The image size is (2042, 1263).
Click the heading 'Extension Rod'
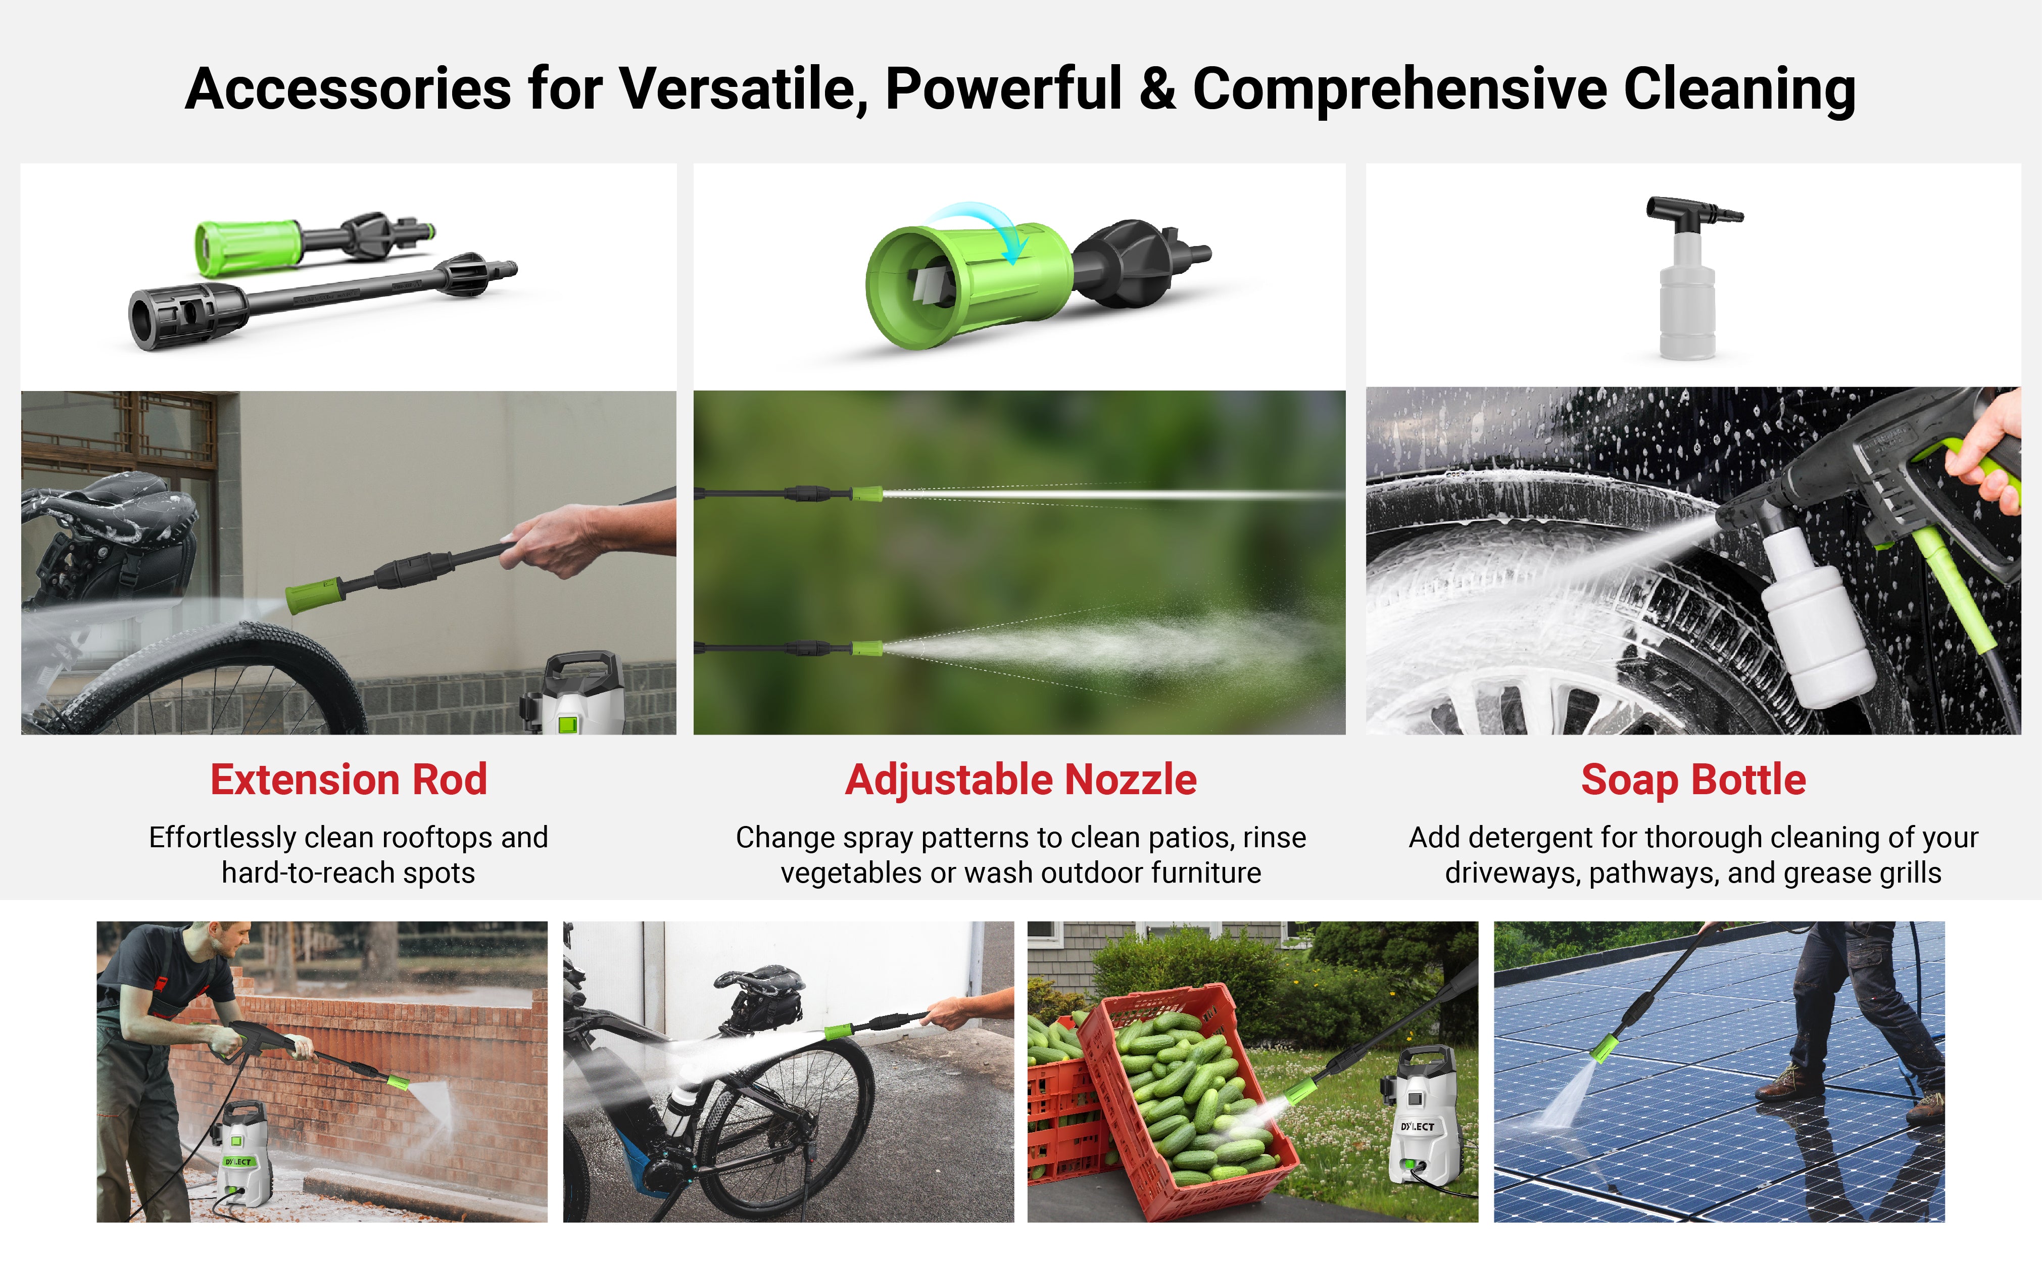pos(348,780)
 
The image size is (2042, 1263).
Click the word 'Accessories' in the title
pos(348,89)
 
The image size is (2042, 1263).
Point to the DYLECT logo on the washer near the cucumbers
pos(1417,1127)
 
